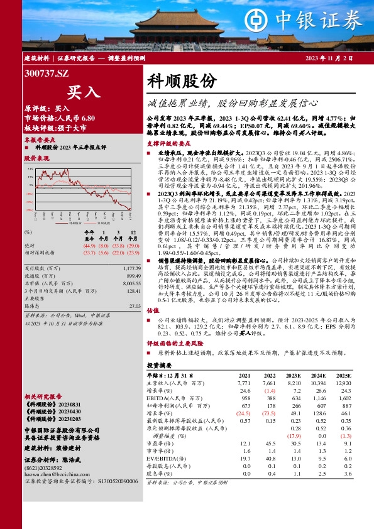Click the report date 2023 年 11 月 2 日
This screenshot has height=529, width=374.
(329, 58)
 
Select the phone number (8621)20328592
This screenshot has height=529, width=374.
(47, 467)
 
